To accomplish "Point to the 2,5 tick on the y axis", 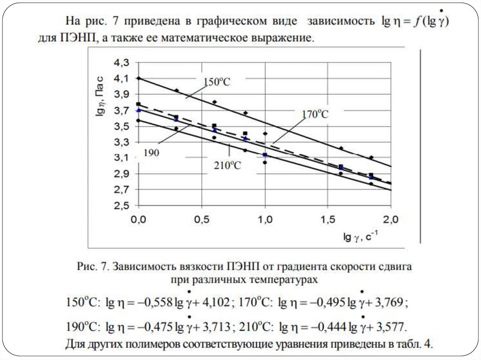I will point(122,206).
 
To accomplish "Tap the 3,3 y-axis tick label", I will point(122,142).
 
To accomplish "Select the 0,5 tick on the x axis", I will point(202,220).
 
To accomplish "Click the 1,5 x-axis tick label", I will point(328,220).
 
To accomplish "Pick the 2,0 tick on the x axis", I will point(391,220).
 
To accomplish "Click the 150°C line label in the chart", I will point(217,81).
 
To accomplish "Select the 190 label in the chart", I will point(152,153).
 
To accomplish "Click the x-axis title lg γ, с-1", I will point(362,237).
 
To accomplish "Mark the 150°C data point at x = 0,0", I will point(138,78).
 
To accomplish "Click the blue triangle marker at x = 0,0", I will point(138,110).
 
